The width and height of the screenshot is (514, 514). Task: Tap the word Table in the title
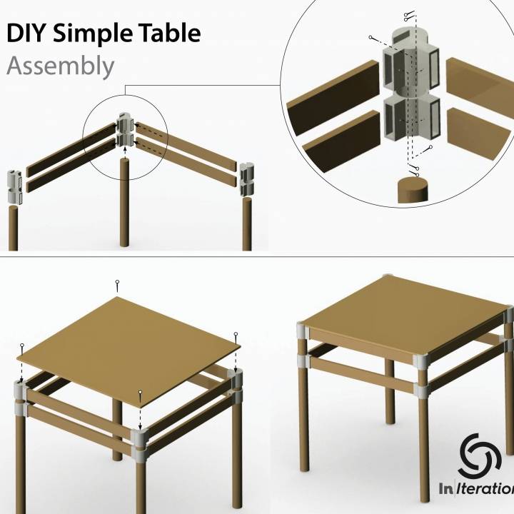click(171, 34)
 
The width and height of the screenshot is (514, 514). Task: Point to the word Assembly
click(60, 66)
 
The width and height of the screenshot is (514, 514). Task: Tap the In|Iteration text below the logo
click(476, 489)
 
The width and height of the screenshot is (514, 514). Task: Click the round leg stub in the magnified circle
click(413, 191)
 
